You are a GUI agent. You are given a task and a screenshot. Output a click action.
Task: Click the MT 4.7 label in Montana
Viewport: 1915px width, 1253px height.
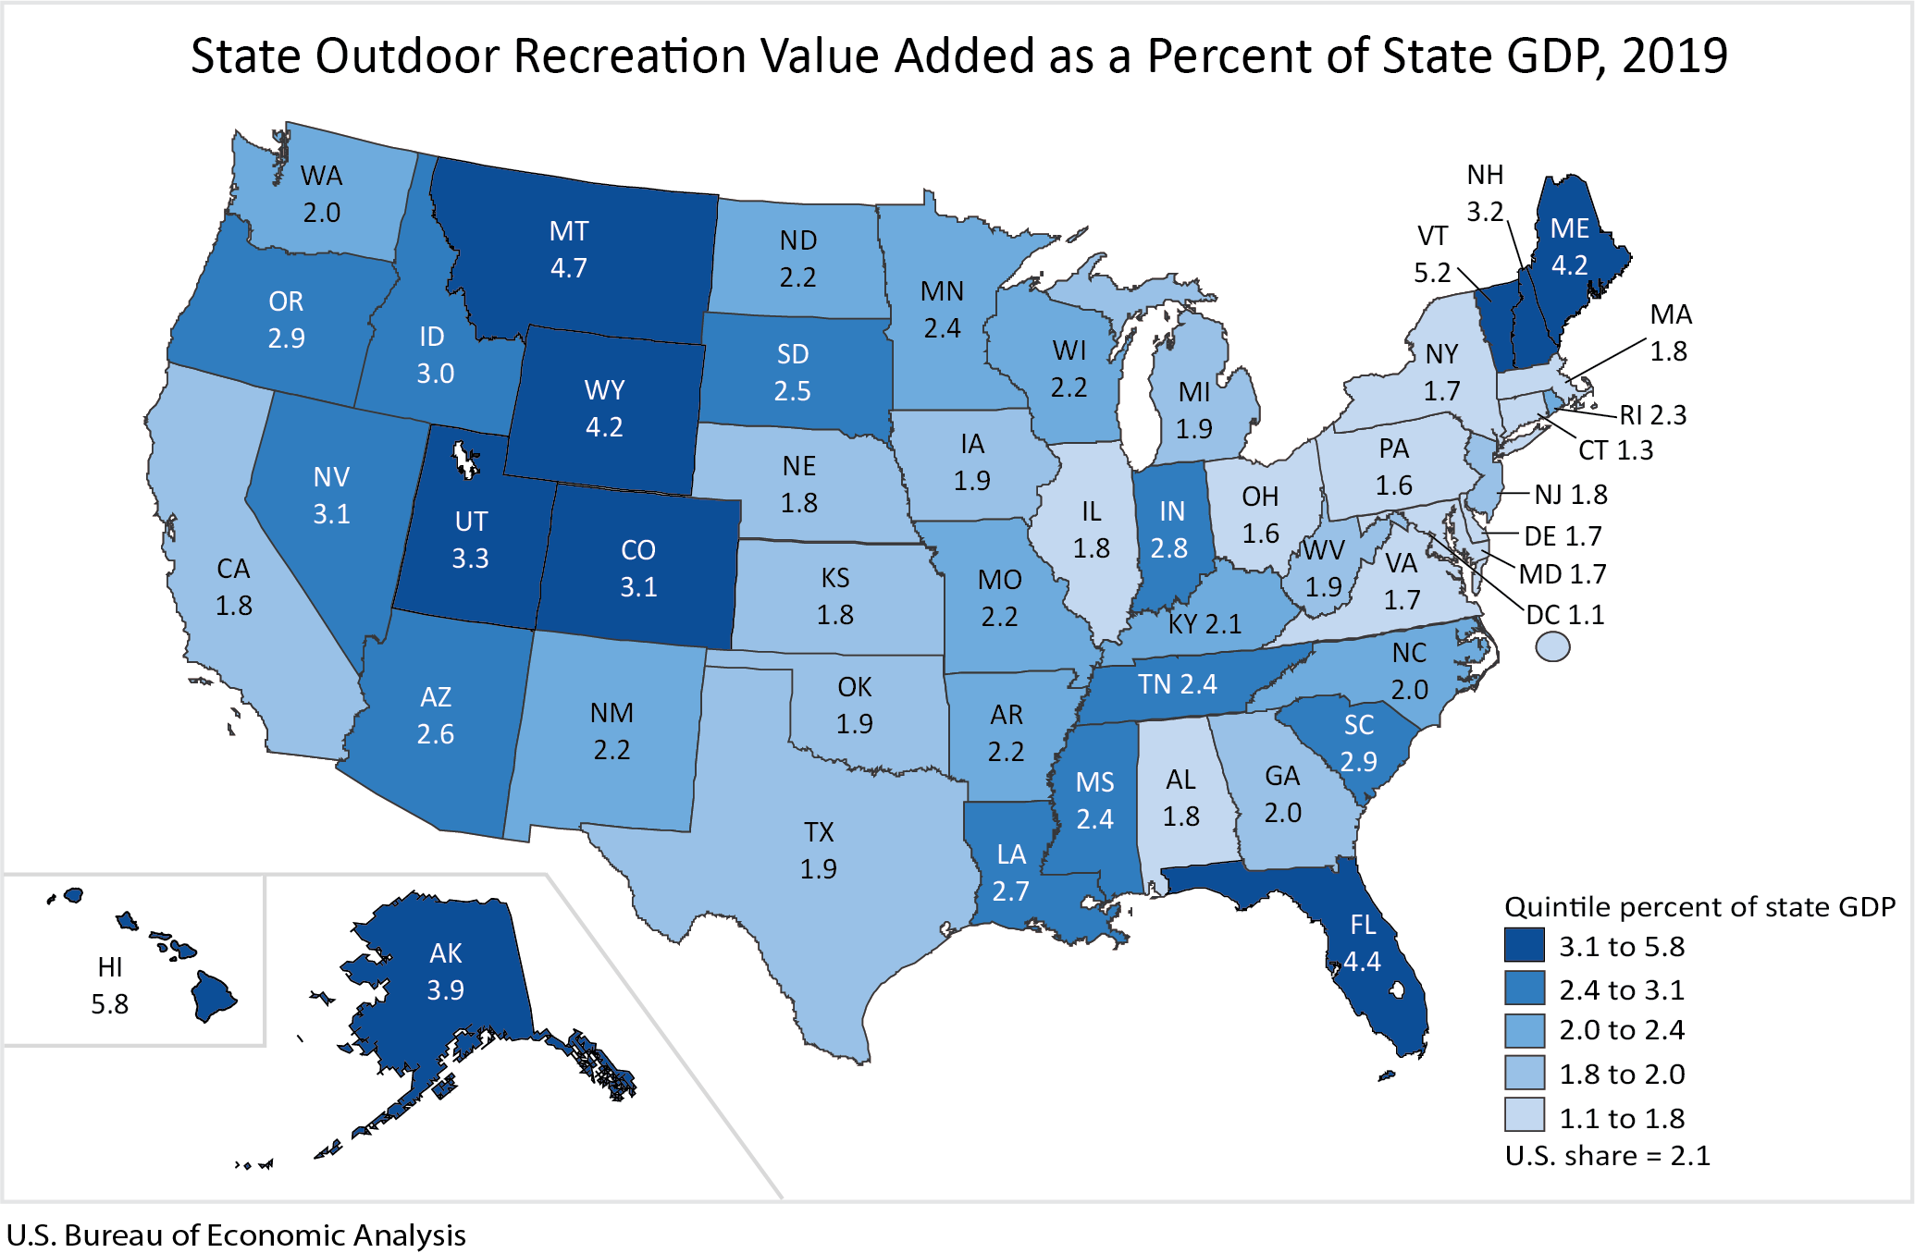coord(568,249)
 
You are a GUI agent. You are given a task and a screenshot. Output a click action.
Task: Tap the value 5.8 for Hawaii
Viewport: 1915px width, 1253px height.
coord(109,1004)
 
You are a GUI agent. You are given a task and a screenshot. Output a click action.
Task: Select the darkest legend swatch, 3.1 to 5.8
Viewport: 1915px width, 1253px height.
coord(1524,946)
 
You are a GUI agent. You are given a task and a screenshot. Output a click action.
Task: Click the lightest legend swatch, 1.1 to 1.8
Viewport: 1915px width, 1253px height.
coord(1524,1116)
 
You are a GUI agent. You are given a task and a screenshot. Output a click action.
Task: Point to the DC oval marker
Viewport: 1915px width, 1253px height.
coord(1552,645)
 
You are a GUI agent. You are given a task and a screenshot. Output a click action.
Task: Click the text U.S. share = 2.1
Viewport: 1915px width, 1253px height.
coord(1607,1156)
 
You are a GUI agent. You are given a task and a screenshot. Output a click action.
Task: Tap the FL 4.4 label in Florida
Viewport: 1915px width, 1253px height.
coord(1362,942)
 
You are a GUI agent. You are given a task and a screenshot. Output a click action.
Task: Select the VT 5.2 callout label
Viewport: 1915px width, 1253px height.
coord(1432,254)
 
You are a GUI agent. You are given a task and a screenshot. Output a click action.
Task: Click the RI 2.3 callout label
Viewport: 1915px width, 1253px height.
coord(1652,414)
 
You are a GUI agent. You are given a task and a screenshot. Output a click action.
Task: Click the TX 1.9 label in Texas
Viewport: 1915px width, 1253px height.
coord(818,850)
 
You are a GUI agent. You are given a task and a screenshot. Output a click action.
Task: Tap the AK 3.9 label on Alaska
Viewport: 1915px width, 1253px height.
coord(445,971)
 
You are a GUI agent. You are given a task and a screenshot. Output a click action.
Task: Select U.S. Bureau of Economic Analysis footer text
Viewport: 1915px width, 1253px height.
coord(236,1235)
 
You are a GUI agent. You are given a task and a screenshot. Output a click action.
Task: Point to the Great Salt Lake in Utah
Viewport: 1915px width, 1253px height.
coord(463,459)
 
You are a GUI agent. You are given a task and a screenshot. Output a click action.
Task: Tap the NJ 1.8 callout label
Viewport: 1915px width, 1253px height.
coord(1570,495)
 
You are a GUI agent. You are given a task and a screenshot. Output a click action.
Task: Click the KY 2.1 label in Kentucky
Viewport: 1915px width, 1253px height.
coord(1204,624)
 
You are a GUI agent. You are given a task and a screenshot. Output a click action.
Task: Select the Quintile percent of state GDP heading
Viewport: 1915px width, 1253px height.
coord(1699,906)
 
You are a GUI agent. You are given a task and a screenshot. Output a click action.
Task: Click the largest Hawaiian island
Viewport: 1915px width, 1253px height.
coord(212,998)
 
